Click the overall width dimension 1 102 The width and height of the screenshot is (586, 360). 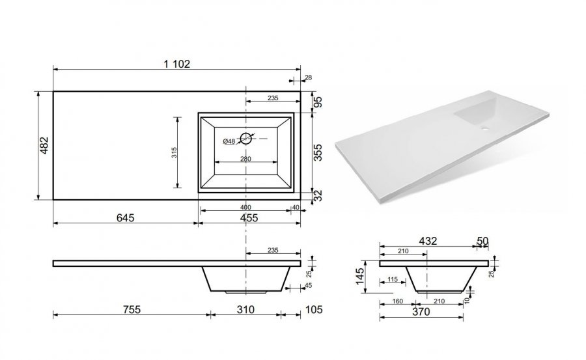coord(176,64)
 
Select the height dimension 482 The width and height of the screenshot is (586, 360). coord(44,145)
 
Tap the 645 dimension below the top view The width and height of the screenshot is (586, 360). coord(125,217)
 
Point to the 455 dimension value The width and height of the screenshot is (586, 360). coord(249,217)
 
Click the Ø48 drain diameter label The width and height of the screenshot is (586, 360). coord(229,141)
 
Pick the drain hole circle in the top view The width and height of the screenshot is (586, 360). coord(245,138)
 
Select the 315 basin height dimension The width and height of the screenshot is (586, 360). coord(174,152)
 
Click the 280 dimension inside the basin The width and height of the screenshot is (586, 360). coord(245,159)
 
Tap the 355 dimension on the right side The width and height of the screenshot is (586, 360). coord(317,152)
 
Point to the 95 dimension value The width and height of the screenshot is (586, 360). coord(317,102)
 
